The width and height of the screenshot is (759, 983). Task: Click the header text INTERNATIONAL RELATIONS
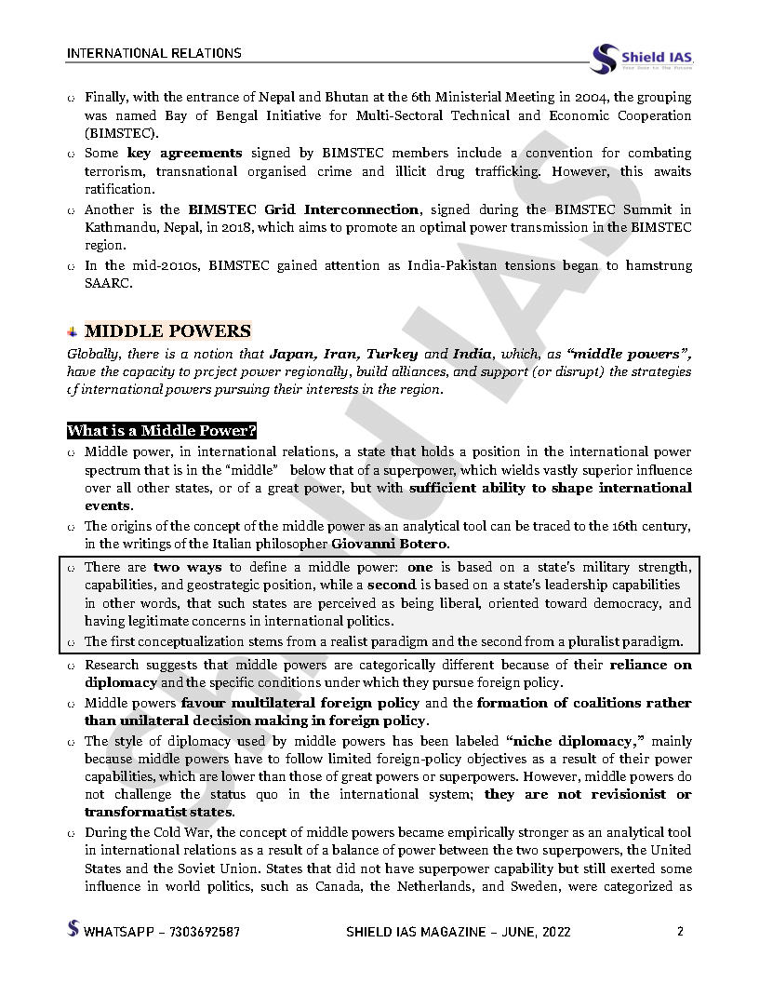click(154, 53)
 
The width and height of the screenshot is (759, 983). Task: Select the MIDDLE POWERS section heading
click(167, 331)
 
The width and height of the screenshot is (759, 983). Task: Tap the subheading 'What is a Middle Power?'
click(161, 431)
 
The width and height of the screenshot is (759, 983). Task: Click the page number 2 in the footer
click(680, 931)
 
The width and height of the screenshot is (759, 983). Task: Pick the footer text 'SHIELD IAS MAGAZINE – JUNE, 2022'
click(458, 931)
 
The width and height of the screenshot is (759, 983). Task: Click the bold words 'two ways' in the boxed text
click(180, 567)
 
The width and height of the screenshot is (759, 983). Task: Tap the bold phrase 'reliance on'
click(650, 665)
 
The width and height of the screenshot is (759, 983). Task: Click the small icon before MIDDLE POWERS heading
click(73, 332)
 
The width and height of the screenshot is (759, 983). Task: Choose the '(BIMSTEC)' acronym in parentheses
click(121, 133)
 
